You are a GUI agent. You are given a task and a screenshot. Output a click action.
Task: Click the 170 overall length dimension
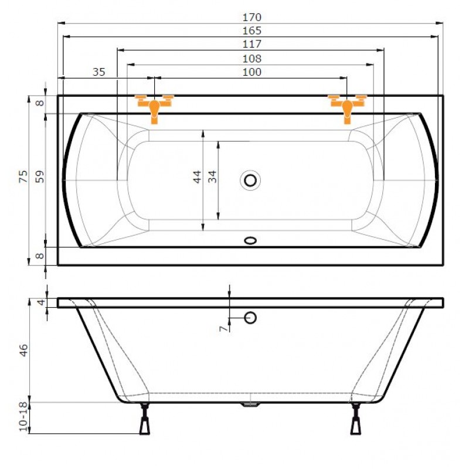[x=252, y=18]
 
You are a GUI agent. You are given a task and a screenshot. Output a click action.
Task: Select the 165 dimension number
[x=252, y=30]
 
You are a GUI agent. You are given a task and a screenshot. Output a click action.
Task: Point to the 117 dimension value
[x=252, y=45]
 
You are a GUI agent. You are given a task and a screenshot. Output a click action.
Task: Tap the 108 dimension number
[x=252, y=58]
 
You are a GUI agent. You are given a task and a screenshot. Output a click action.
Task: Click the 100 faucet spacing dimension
[x=252, y=72]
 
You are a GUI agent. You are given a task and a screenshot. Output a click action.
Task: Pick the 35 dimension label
[x=99, y=72]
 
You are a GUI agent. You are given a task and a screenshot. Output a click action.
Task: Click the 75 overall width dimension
[x=23, y=176]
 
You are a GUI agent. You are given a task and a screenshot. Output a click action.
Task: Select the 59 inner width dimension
[x=39, y=176]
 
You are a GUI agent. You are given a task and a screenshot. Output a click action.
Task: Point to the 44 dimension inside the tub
[x=197, y=177]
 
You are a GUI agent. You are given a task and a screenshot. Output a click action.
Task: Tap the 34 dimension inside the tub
[x=212, y=177]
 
